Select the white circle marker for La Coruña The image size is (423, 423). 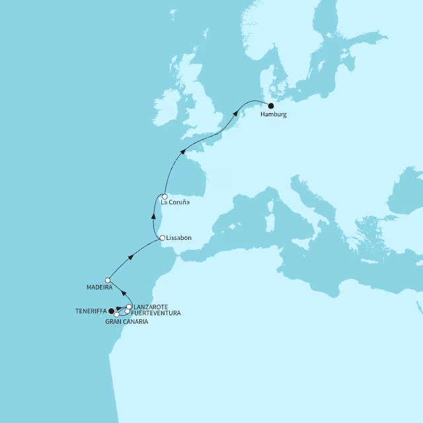click(164, 196)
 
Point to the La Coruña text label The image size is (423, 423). click(175, 202)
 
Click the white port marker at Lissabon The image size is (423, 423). click(162, 238)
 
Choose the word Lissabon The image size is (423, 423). click(179, 237)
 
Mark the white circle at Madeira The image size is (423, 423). click(108, 280)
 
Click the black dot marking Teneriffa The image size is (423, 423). click(111, 311)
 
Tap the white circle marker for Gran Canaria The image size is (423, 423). click(117, 314)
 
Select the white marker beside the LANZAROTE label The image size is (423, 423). click(129, 307)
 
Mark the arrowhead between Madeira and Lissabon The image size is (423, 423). click(131, 257)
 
